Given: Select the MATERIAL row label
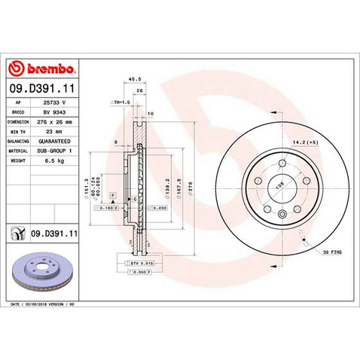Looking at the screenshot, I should click(x=18, y=151).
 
